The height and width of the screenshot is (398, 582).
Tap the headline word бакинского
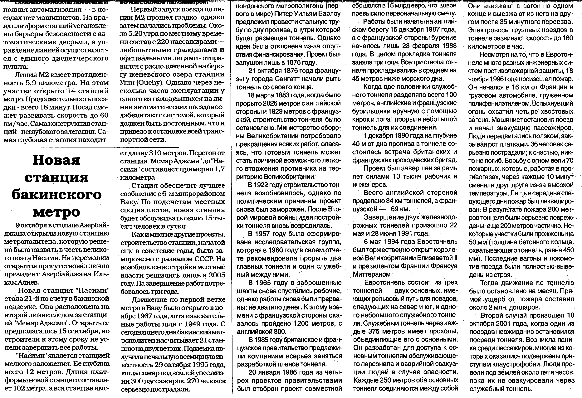[57, 195]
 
